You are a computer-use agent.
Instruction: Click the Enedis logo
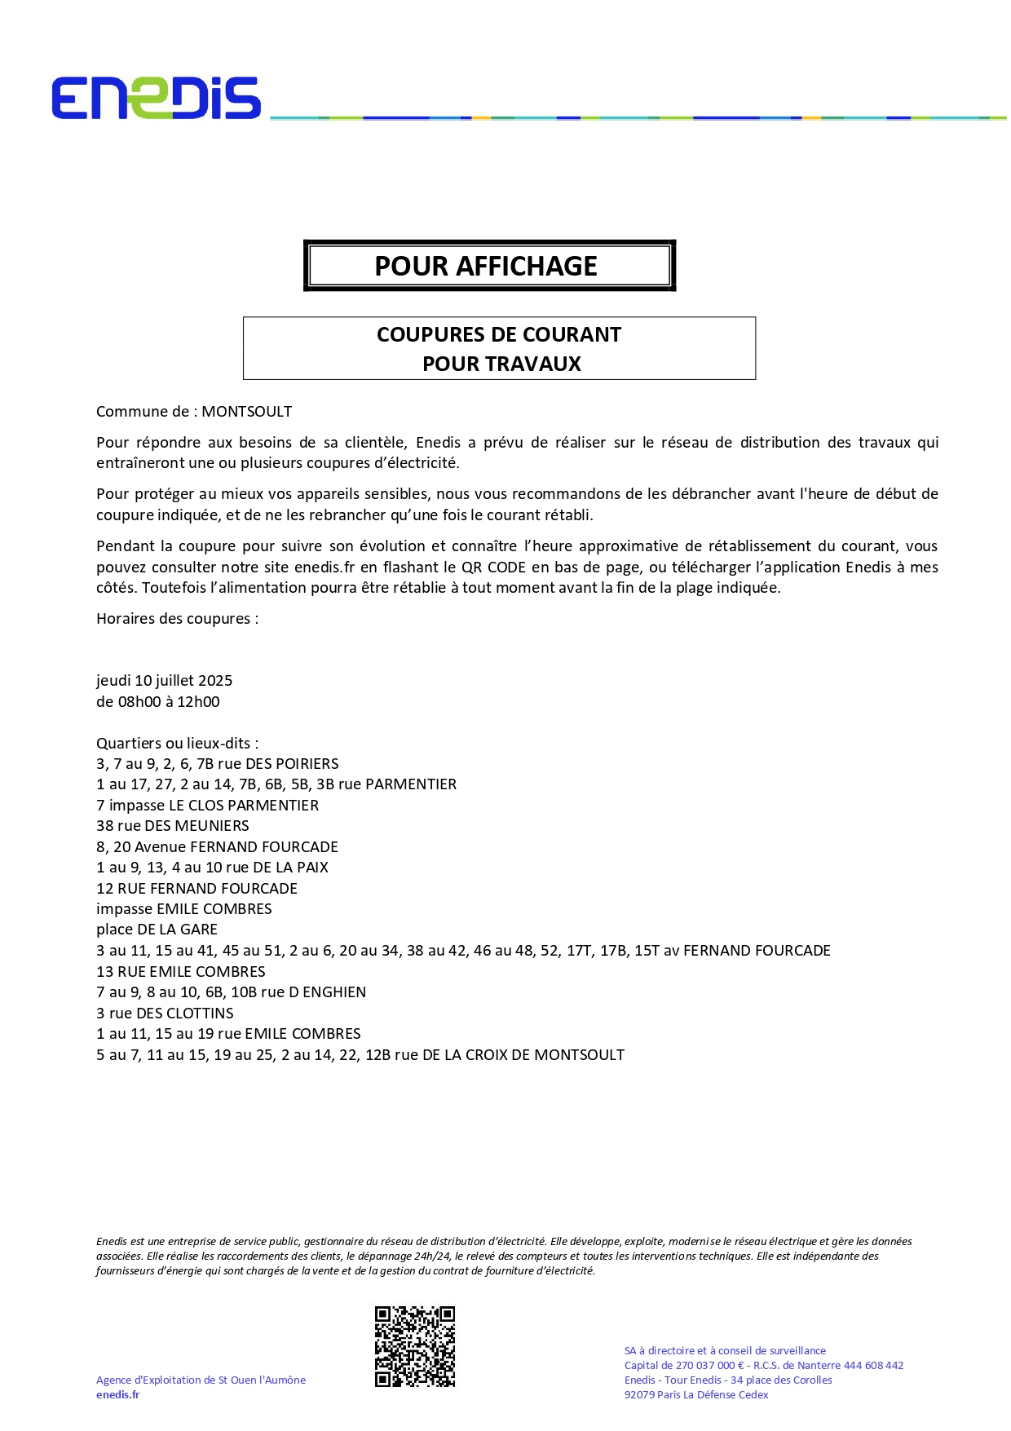tap(156, 99)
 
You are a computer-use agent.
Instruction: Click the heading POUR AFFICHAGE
tap(486, 266)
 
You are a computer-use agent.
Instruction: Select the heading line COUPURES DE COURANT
tap(499, 335)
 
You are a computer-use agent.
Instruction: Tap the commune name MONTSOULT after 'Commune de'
tap(246, 412)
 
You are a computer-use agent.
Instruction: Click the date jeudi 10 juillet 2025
tap(165, 681)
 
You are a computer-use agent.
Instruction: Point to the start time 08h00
tap(139, 702)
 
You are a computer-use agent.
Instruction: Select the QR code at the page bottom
tap(415, 1346)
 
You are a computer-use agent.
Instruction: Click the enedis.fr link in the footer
tap(117, 1395)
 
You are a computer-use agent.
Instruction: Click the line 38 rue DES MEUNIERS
tap(173, 826)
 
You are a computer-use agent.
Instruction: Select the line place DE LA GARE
tap(157, 930)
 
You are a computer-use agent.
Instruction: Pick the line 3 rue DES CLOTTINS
tap(165, 1014)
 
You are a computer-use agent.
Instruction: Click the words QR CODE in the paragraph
tap(493, 568)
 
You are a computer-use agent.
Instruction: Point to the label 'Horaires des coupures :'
tap(177, 619)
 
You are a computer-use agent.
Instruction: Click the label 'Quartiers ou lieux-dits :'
tap(177, 744)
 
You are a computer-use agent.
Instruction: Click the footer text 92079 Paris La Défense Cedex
tap(696, 1395)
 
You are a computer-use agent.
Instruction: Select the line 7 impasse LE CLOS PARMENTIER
tap(207, 806)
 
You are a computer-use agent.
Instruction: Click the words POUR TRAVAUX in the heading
tap(501, 364)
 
